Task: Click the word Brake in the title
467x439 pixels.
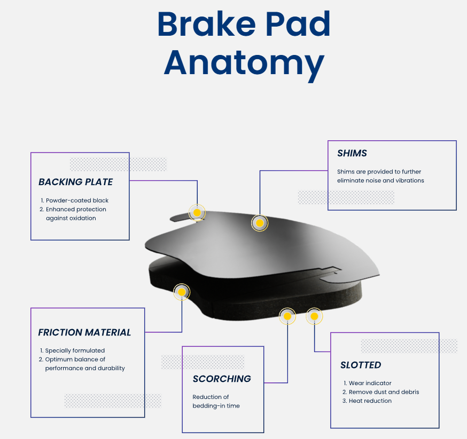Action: pyautogui.click(x=206, y=24)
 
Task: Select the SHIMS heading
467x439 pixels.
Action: pyautogui.click(x=352, y=153)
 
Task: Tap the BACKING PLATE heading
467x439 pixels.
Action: pyautogui.click(x=76, y=182)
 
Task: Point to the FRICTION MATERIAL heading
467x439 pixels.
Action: pyautogui.click(x=84, y=332)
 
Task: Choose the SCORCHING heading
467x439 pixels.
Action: pyautogui.click(x=222, y=379)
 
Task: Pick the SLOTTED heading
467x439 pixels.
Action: pyautogui.click(x=361, y=365)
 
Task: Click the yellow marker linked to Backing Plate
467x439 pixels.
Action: pyautogui.click(x=197, y=212)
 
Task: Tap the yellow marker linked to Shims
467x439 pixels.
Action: pyautogui.click(x=260, y=223)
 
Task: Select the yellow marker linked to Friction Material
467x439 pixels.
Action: pyautogui.click(x=182, y=292)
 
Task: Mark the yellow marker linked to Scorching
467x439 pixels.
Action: pyautogui.click(x=287, y=316)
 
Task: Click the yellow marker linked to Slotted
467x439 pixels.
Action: pyautogui.click(x=314, y=316)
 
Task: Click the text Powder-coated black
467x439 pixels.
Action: pyautogui.click(x=77, y=201)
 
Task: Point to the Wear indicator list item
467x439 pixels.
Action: pyautogui.click(x=370, y=383)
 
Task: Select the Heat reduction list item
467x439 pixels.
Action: pyautogui.click(x=370, y=401)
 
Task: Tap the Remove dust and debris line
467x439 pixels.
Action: pyautogui.click(x=384, y=392)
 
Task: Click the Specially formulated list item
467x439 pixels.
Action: pyautogui.click(x=75, y=350)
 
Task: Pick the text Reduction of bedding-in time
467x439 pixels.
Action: pyautogui.click(x=216, y=401)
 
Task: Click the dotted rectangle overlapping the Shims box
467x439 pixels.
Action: pyautogui.click(x=346, y=197)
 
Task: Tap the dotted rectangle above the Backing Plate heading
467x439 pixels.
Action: pyautogui.click(x=119, y=164)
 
